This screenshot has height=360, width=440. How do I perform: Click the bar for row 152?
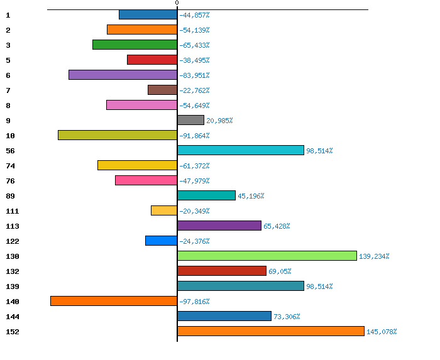pos(271,331)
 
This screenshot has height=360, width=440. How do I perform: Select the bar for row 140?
pos(114,301)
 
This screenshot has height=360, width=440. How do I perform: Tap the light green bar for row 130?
pos(267,256)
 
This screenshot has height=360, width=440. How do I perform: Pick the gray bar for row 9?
pos(191,120)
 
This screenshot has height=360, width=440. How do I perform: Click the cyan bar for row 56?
pos(241,150)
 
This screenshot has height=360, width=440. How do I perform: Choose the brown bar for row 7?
pos(162,90)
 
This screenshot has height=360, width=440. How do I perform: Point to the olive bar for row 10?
pos(118,135)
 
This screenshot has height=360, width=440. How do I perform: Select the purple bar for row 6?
pos(123,75)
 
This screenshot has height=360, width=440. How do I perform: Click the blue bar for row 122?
pos(161,241)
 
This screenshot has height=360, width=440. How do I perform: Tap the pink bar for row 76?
pos(146,180)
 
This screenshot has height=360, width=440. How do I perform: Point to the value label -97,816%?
pos(194,302)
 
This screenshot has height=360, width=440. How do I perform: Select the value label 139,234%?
pos(374,256)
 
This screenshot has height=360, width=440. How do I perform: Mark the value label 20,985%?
pos(219,121)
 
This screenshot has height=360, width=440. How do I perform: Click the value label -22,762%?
pos(194,90)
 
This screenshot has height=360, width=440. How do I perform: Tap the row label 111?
pos(12,211)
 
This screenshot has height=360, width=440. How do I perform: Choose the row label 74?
pos(10,166)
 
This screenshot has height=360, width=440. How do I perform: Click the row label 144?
pos(12,317)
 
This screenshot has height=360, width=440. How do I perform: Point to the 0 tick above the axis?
pos(177,3)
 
